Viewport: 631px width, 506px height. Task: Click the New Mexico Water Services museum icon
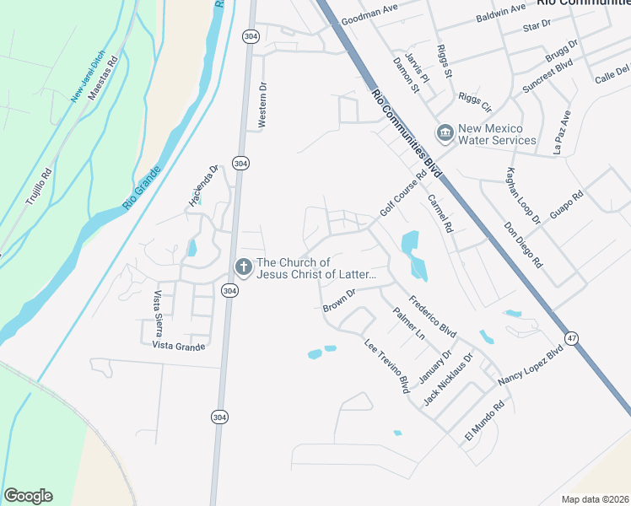445,132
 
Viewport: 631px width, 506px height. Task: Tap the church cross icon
243,268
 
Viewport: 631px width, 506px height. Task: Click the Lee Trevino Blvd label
387,366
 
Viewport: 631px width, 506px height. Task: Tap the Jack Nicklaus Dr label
449,379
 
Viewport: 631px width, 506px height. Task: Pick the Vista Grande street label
179,346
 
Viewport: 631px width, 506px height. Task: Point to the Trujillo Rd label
39,188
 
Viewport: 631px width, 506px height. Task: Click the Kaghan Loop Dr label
523,196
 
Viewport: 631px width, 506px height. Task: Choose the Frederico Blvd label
432,316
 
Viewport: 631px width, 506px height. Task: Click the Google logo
28,496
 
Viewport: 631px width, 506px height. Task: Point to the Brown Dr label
341,300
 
